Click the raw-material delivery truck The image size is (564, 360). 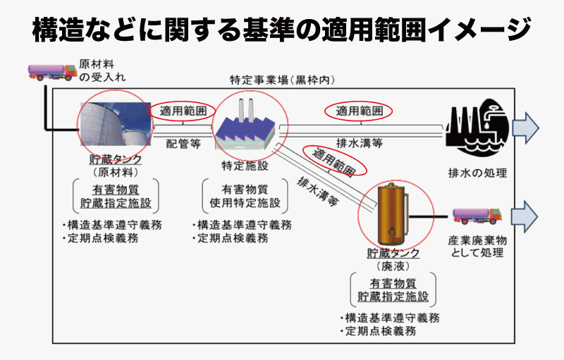(52, 72)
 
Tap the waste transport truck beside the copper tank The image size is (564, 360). (477, 216)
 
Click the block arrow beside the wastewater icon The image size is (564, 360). (525, 128)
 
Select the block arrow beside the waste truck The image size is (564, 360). (525, 216)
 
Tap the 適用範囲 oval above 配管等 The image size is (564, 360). (182, 111)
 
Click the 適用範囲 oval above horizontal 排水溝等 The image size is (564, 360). (359, 111)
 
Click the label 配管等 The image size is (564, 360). (183, 144)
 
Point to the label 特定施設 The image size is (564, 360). (245, 166)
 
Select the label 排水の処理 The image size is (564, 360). (477, 173)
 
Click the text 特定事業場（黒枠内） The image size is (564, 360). (283, 80)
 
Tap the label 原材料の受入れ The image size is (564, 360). (102, 70)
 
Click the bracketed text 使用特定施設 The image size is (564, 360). (245, 203)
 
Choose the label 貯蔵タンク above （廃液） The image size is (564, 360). (393, 253)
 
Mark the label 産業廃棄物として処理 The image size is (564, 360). (477, 246)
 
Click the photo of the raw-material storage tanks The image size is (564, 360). (116, 124)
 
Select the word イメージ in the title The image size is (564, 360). (479, 30)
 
